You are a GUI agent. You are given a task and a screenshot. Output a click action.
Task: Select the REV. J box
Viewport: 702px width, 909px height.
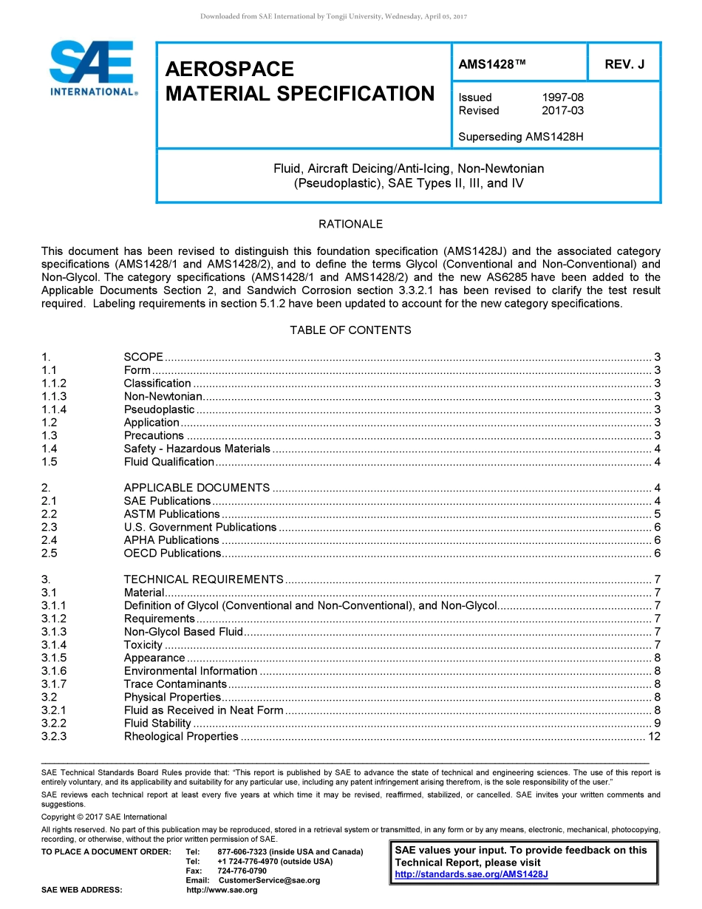click(x=624, y=64)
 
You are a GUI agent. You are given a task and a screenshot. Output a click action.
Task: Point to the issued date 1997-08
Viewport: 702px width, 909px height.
click(x=562, y=98)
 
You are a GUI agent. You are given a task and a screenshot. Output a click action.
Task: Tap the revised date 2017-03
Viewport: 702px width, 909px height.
click(x=562, y=111)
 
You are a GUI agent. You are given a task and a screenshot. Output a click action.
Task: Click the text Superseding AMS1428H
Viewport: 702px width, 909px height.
click(x=521, y=137)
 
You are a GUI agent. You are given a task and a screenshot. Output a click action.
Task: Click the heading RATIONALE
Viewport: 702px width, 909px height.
click(x=350, y=224)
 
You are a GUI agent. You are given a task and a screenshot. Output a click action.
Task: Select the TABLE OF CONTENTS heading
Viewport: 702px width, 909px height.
click(x=350, y=330)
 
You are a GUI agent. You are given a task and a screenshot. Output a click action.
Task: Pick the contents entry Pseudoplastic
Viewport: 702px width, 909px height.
click(x=159, y=409)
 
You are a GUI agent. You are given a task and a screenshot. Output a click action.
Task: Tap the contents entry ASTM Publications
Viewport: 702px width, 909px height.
click(x=171, y=514)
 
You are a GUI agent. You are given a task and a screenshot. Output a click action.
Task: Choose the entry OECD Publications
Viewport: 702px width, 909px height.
click(x=172, y=553)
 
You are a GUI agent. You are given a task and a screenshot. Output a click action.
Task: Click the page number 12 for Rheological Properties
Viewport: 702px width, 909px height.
click(x=653, y=736)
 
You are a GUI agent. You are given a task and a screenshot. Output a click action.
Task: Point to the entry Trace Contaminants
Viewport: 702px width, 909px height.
click(x=175, y=684)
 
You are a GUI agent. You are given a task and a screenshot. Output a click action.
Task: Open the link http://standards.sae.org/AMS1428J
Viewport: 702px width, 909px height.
click(x=471, y=874)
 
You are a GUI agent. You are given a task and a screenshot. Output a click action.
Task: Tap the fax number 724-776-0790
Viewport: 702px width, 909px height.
click(x=242, y=871)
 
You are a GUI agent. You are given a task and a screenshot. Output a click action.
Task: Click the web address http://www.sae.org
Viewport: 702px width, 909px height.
click(x=222, y=890)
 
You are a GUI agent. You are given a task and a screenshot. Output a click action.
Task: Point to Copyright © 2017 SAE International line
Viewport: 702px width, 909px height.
click(x=104, y=817)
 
